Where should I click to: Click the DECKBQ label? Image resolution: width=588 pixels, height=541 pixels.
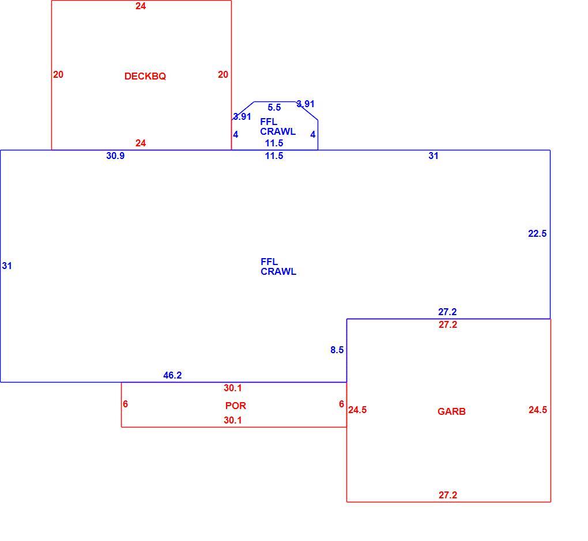click(145, 76)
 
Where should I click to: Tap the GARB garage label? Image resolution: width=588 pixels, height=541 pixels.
click(451, 411)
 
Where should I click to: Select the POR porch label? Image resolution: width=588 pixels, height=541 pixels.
click(236, 405)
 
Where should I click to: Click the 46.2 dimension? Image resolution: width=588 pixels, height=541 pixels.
click(172, 375)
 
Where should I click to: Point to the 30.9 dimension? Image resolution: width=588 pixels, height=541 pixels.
click(115, 156)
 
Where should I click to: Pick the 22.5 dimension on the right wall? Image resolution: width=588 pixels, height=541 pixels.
click(537, 233)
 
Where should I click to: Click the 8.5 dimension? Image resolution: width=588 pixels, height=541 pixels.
click(337, 350)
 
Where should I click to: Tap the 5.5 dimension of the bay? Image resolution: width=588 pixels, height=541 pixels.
click(274, 108)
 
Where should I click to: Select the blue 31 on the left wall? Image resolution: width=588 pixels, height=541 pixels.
click(7, 266)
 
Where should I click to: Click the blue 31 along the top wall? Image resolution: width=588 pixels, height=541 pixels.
click(433, 156)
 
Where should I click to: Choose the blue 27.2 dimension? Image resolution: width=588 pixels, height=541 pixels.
click(447, 312)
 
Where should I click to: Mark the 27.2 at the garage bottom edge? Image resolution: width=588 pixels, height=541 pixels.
click(448, 495)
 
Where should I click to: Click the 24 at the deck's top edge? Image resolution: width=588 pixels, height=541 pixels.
click(141, 6)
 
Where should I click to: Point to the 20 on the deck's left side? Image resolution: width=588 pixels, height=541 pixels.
click(58, 74)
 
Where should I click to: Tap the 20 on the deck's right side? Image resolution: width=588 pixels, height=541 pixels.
click(223, 74)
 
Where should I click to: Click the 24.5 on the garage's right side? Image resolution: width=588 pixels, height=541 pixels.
click(538, 410)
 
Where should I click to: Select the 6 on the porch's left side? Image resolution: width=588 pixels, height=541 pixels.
click(125, 404)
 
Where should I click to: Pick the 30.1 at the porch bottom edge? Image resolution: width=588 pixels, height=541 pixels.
click(232, 420)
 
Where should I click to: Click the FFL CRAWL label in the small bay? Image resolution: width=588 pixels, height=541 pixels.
click(278, 126)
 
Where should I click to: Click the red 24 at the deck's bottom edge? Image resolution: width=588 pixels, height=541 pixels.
click(141, 143)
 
